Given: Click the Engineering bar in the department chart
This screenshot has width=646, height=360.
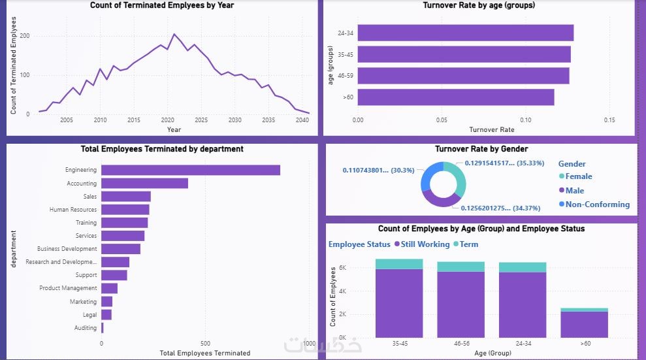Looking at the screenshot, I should [x=191, y=170].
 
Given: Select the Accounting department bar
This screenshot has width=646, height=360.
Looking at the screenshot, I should [x=144, y=184].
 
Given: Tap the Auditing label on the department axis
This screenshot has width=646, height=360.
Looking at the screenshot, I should [x=85, y=328].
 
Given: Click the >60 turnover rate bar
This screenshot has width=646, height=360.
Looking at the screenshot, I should [x=456, y=97].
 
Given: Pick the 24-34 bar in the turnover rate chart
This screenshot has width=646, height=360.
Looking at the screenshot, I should [x=465, y=33].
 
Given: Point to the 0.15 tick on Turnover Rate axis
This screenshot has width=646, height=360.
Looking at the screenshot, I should [x=609, y=120].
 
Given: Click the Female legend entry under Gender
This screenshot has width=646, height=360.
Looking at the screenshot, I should [x=579, y=176].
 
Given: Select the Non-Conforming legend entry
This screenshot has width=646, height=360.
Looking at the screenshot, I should [x=597, y=205].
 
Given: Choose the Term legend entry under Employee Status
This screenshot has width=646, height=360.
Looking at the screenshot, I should [x=468, y=244].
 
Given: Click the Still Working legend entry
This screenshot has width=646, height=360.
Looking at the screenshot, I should [x=425, y=244].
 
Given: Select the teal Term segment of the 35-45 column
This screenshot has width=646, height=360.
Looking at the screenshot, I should [x=399, y=264].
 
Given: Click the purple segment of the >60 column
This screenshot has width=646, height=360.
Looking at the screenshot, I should [x=584, y=324].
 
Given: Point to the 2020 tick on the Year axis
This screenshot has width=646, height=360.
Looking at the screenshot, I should [x=167, y=120].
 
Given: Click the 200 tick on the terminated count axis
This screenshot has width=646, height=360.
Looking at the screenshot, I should [x=24, y=35].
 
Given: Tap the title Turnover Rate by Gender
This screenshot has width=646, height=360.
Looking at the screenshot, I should [x=481, y=149].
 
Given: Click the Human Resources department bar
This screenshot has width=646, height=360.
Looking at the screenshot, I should [x=125, y=210].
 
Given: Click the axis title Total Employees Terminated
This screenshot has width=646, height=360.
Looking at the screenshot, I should [x=204, y=353].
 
